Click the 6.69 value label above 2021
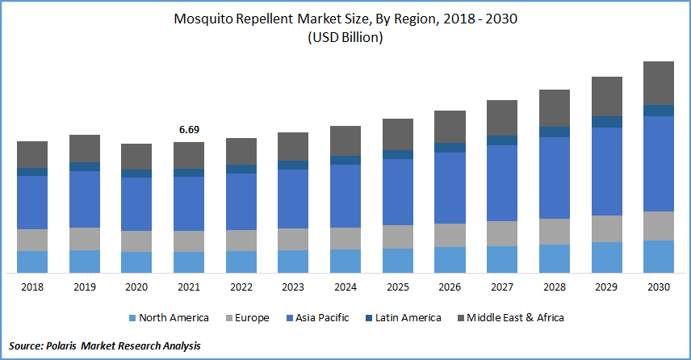click(190, 129)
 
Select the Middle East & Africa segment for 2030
click(659, 83)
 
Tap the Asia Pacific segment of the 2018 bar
click(33, 202)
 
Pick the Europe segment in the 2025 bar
click(398, 236)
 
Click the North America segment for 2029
click(606, 257)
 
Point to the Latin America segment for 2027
click(502, 140)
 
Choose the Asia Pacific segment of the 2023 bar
click(294, 199)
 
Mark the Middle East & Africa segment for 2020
click(137, 157)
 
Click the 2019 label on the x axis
click(85, 287)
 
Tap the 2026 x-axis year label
click(450, 287)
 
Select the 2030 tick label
click(659, 287)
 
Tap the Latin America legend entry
click(408, 318)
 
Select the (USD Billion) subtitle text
click(345, 37)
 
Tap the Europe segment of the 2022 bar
click(241, 240)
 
